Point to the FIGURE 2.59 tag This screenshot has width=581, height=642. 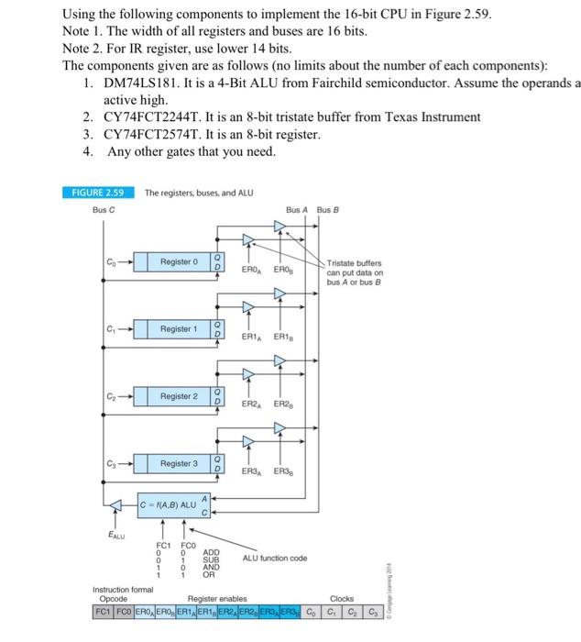pyautogui.click(x=97, y=192)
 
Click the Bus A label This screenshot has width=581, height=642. pyautogui.click(x=296, y=210)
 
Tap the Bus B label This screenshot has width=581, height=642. pyautogui.click(x=328, y=210)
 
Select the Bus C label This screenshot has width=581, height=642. pyautogui.click(x=104, y=210)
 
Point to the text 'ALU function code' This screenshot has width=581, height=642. pyautogui.click(x=275, y=558)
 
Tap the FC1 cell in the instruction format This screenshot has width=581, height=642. pyautogui.click(x=104, y=611)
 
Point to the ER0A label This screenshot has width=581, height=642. pyautogui.click(x=253, y=270)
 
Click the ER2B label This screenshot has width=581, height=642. pyautogui.click(x=284, y=404)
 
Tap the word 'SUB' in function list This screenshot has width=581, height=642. pyautogui.click(x=211, y=559)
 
